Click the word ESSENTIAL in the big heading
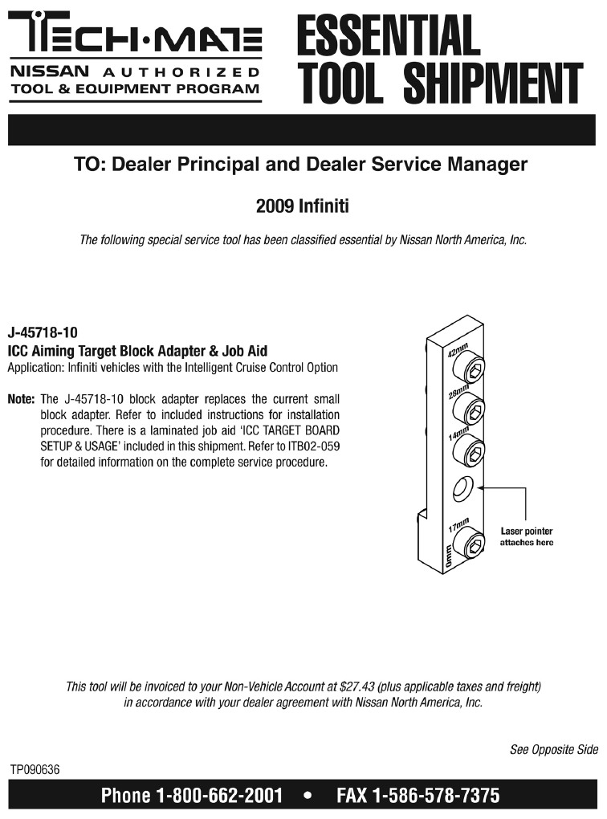[389, 35]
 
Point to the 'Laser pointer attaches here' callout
[526, 536]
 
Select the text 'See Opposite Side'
[553, 750]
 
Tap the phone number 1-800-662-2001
[219, 797]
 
